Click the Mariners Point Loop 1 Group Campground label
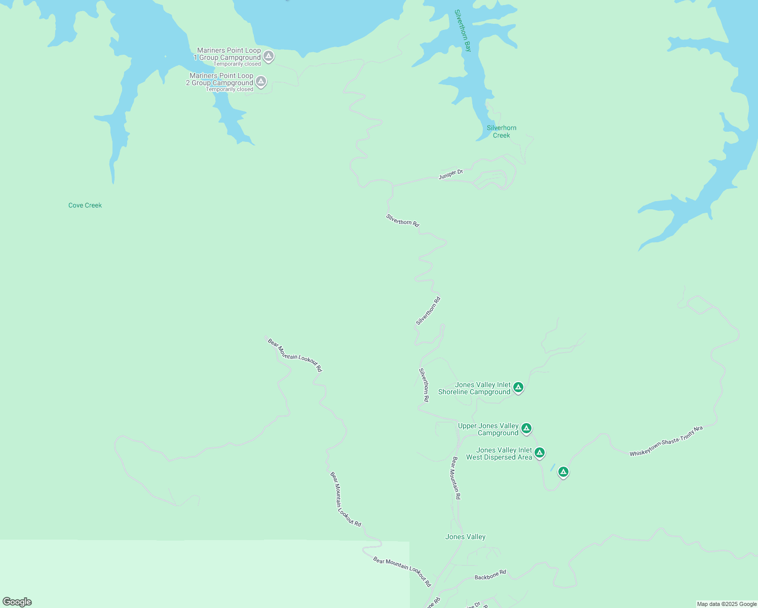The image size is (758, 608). pos(228,54)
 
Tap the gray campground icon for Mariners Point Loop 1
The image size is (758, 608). pos(269,56)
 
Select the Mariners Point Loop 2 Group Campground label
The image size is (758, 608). pos(220,80)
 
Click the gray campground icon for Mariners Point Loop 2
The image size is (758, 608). pos(261,81)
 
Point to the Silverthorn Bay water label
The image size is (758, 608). pos(463,30)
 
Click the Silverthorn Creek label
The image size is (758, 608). pos(502,132)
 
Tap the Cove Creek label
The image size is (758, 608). pos(85,205)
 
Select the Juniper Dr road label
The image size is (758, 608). pos(450,174)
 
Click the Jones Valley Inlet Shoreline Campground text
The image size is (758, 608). pos(475,389)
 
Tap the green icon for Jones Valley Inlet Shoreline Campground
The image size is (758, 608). pos(518,388)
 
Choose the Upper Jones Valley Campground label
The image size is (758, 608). pos(488,430)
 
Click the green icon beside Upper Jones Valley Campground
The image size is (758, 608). pos(526,429)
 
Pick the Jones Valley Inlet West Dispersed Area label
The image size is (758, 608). pos(499,453)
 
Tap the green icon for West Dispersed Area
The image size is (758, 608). pos(540,452)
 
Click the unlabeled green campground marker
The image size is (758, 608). pos(563,472)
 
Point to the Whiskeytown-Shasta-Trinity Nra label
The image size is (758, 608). pos(666,441)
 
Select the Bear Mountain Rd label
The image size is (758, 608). pos(456,478)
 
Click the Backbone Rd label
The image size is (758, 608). pos(490,575)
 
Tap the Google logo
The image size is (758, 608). pos(17,602)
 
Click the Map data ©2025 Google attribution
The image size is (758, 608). pos(727,604)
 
